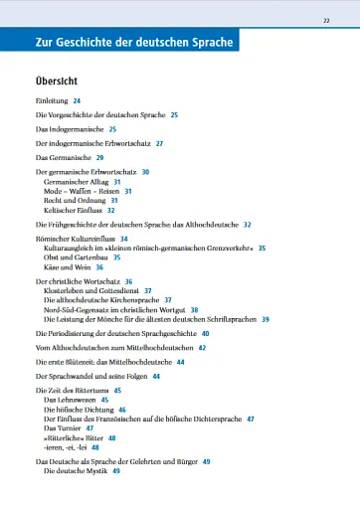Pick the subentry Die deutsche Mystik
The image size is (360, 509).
pyautogui.click(x=77, y=470)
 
